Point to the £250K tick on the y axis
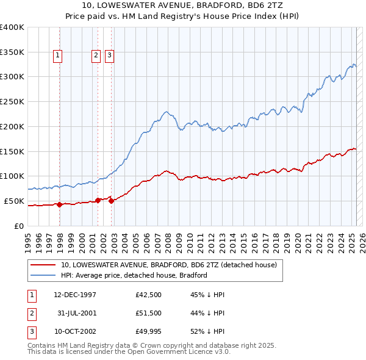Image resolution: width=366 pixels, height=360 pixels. [x=12, y=101]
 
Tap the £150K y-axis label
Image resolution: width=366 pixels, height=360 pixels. [x=12, y=151]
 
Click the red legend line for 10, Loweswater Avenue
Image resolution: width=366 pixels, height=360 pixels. [x=44, y=265]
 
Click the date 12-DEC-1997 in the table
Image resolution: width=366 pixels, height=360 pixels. [x=75, y=295]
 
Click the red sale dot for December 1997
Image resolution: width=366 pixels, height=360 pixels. [x=60, y=205]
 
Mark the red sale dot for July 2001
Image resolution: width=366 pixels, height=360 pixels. [x=98, y=200]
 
